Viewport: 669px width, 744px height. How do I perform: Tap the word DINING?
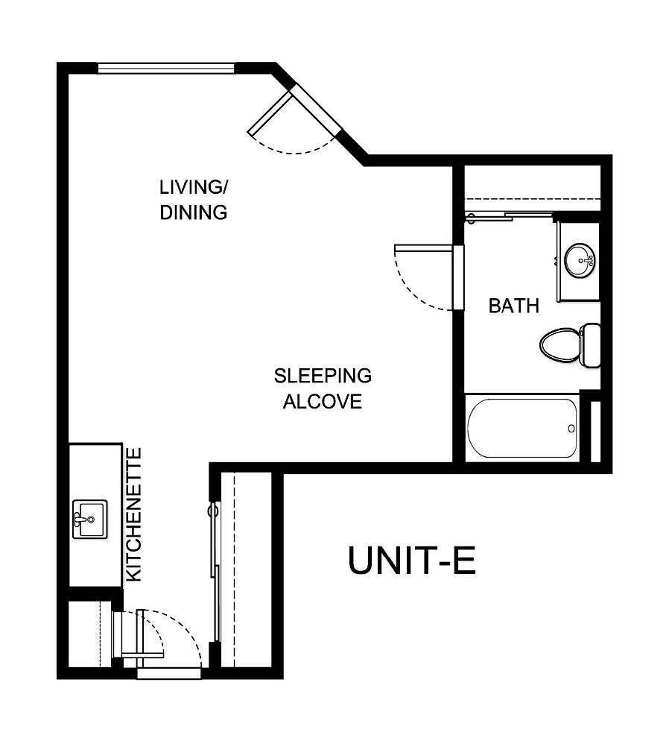point(193,212)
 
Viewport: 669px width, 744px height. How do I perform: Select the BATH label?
point(513,306)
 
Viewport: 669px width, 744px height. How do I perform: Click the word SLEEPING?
point(322,375)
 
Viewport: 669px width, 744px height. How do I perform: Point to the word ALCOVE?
point(322,402)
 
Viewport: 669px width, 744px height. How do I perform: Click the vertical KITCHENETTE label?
point(134,514)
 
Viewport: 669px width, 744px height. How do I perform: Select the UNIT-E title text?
point(412,561)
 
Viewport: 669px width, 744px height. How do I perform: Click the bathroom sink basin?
point(580,261)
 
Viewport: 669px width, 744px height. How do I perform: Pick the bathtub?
point(522,429)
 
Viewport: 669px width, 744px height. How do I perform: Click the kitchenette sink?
point(89,519)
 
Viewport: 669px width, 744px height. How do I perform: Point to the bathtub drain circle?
point(571,429)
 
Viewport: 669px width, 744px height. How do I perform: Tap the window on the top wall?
point(166,69)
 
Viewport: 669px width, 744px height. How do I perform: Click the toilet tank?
point(592,344)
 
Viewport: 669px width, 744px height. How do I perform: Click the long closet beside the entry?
point(246,570)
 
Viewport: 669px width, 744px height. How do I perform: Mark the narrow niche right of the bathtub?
point(595,432)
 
